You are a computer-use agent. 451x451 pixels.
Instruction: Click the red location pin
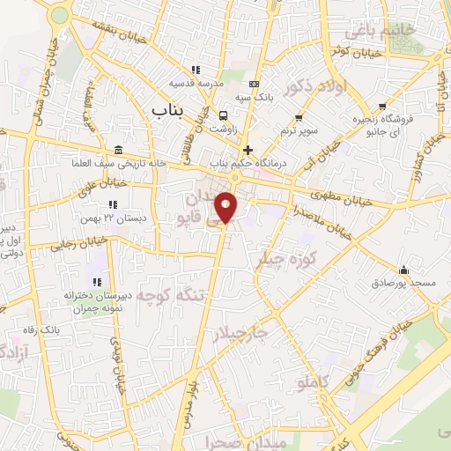click(226, 207)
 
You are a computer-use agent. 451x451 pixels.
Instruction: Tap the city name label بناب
click(171, 110)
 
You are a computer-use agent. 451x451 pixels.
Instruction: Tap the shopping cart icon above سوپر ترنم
click(298, 117)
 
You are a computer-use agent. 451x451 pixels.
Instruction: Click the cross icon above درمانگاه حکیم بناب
click(248, 150)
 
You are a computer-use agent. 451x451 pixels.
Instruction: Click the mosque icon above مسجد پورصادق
click(403, 270)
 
